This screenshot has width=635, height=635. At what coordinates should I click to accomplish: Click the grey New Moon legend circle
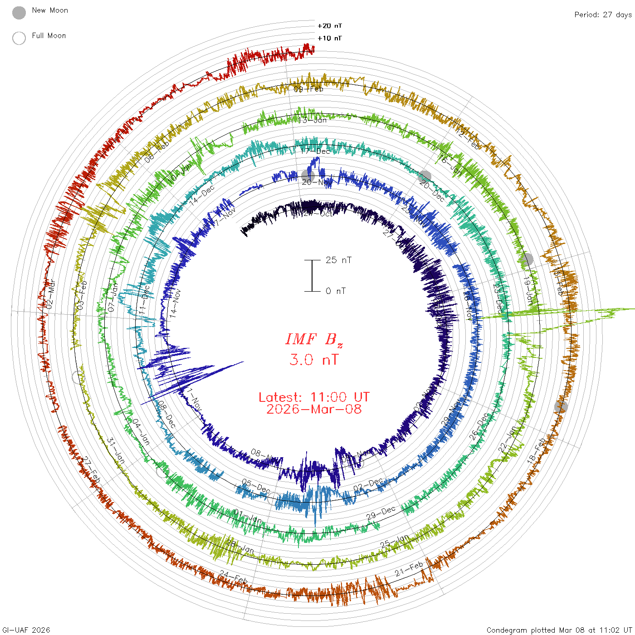[19, 13]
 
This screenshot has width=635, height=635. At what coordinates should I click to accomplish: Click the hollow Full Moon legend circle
[19, 38]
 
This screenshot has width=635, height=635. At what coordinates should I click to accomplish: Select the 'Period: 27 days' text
[603, 15]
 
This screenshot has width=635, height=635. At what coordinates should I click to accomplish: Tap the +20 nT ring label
[330, 26]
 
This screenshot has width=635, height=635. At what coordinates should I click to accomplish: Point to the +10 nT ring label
[330, 38]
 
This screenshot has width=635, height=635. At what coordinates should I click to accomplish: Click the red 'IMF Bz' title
[314, 339]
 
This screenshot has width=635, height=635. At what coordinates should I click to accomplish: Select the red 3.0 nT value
[314, 360]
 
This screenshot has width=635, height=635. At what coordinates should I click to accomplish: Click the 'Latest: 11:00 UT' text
[314, 397]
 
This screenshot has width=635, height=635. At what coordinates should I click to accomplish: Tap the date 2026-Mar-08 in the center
[314, 409]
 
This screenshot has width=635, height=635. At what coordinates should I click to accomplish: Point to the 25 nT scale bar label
[338, 260]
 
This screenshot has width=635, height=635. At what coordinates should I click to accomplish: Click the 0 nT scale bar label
[336, 291]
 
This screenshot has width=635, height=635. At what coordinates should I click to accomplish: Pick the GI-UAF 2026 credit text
[26, 630]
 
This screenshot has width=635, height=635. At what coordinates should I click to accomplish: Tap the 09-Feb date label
[308, 89]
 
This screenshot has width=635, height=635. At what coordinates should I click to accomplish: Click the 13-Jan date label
[313, 120]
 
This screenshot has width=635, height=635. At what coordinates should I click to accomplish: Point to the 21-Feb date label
[409, 569]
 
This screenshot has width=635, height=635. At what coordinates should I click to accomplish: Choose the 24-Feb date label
[234, 577]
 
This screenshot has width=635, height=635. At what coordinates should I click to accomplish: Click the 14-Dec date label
[202, 195]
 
